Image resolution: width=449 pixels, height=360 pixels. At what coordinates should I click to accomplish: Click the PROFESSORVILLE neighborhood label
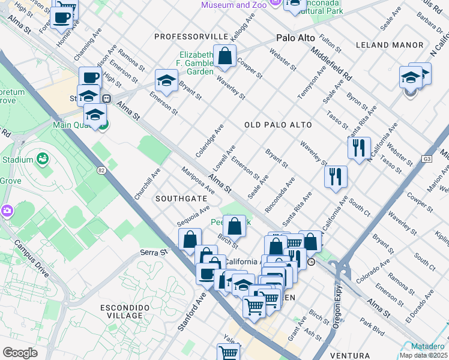pos(191,37)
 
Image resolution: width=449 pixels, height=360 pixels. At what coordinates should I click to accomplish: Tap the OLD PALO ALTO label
pos(278,125)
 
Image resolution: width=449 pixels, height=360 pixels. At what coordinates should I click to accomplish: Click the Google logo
pos(20,352)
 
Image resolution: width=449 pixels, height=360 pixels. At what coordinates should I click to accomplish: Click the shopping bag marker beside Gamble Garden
pos(224,58)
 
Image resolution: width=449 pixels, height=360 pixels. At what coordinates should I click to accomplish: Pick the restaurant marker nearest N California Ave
pos(359,147)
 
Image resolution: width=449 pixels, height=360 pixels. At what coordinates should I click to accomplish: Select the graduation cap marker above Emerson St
pos(166,80)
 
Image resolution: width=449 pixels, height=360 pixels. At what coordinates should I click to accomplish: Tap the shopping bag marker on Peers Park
pos(235,226)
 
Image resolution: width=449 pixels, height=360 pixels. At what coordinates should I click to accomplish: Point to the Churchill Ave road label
pos(147,184)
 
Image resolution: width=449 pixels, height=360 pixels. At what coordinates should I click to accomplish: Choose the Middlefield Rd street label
pos(331,64)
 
